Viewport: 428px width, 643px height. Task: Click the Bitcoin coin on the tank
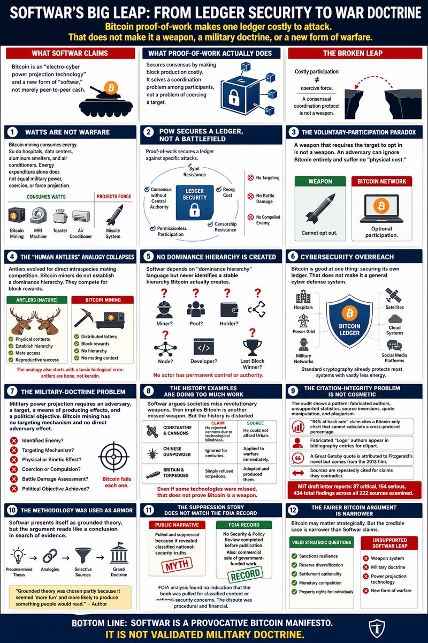[111, 87]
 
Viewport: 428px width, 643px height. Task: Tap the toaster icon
[60, 216]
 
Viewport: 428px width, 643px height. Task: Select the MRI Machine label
[38, 234]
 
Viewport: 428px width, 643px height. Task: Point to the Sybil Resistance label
[195, 171]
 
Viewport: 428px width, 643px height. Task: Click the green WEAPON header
[320, 182]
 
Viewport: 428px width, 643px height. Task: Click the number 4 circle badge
[12, 257]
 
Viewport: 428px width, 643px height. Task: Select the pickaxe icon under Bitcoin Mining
[83, 317]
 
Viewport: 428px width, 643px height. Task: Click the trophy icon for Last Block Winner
[252, 347]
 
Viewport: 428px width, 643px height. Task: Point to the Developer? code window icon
[203, 347]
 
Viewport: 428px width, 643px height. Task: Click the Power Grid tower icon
[303, 320]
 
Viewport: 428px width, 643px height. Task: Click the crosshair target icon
[114, 457]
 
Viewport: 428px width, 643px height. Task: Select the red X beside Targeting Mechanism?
[14, 450]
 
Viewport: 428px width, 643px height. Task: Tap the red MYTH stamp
[177, 565]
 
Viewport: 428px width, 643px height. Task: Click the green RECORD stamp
[246, 574]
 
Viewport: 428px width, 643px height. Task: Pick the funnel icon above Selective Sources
[83, 555]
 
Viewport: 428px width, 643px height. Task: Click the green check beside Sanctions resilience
[294, 556]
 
